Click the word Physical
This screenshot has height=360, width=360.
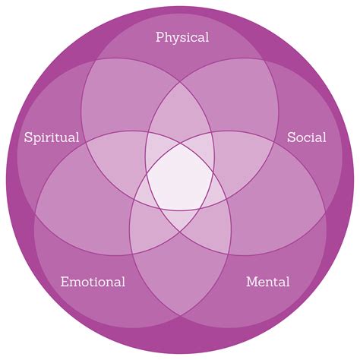click(182, 36)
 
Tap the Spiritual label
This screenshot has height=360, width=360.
click(52, 137)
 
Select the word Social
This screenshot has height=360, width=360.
click(306, 137)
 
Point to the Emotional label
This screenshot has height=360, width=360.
click(93, 282)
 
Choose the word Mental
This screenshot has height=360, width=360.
click(267, 282)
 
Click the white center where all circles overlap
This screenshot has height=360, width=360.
click(180, 181)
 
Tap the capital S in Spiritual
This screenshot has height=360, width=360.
click(28, 137)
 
